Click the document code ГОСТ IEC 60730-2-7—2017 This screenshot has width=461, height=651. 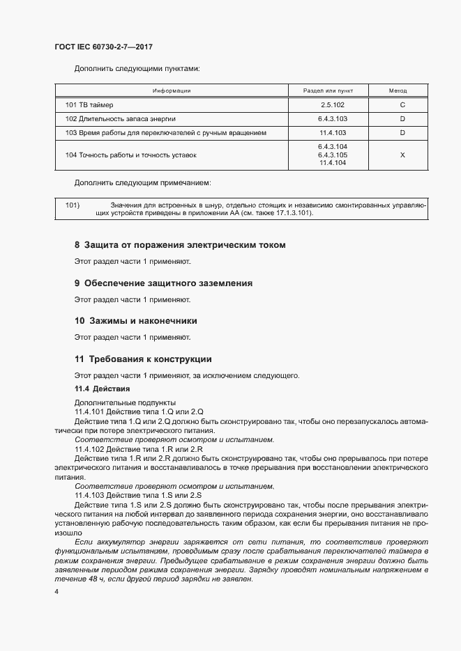pyautogui.click(x=103, y=47)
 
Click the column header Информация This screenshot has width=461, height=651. pyautogui.click(x=172, y=91)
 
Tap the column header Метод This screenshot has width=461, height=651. pyautogui.click(x=402, y=91)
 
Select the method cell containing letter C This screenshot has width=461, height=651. pyautogui.click(x=402, y=105)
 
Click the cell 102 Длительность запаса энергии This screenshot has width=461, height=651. pyautogui.click(x=120, y=118)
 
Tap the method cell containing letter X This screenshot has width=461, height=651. pyautogui.click(x=402, y=155)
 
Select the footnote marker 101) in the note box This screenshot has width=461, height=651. pyautogui.click(x=73, y=205)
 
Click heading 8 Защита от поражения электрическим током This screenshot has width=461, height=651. pyautogui.click(x=180, y=245)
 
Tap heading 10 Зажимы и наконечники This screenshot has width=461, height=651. pyautogui.click(x=135, y=321)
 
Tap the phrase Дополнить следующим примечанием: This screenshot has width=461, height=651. pyautogui.click(x=143, y=182)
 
